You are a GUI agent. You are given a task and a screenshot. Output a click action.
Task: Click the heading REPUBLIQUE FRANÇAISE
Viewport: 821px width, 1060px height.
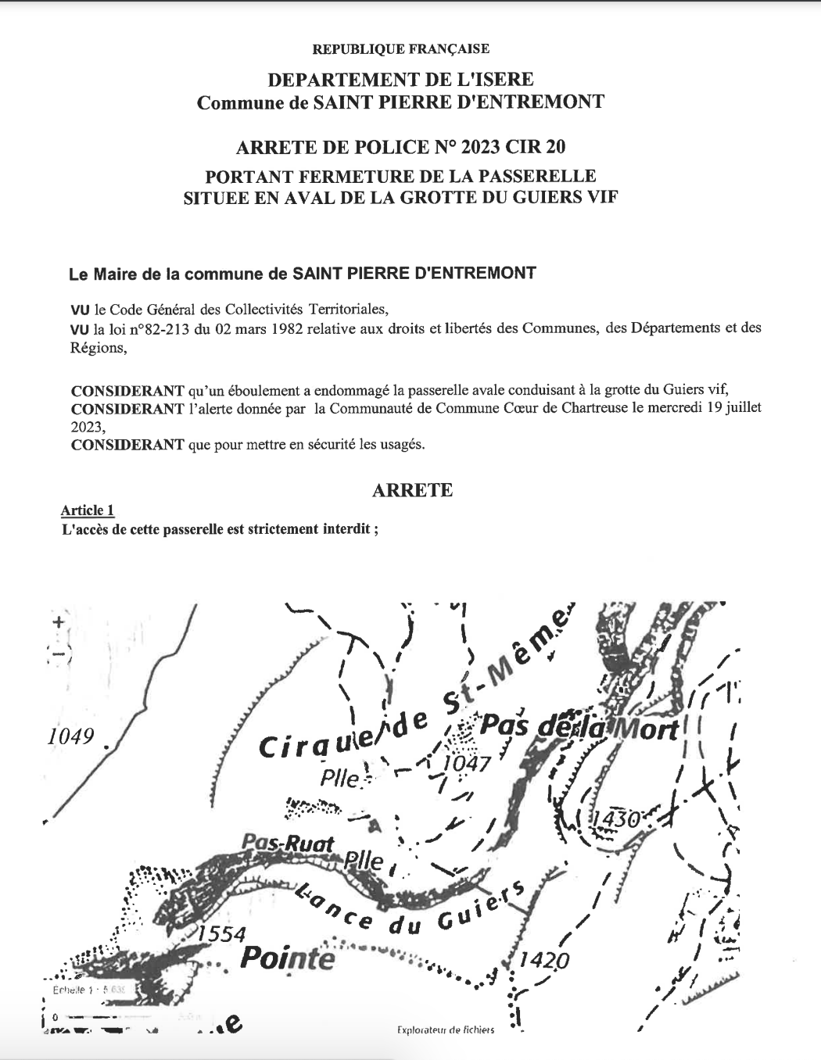[x=400, y=49]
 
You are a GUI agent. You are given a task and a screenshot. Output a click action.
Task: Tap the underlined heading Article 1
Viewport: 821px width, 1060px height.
[x=88, y=510]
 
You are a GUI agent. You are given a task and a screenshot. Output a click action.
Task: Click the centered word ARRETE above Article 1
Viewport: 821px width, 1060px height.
[x=412, y=490]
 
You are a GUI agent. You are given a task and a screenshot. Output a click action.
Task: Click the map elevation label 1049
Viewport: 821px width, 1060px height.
[x=71, y=736]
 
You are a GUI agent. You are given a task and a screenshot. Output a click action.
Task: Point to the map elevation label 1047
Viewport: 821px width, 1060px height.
[x=466, y=763]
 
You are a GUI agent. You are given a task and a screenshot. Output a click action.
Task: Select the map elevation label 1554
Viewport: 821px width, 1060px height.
[x=221, y=933]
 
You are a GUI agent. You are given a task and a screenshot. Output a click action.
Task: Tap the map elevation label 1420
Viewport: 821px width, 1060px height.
[x=544, y=959]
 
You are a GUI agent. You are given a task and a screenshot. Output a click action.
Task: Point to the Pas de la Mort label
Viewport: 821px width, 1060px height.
[x=579, y=727]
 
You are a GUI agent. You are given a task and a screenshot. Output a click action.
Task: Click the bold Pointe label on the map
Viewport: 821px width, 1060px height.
[x=287, y=958]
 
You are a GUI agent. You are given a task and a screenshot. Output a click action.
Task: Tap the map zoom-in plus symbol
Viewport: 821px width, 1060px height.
[x=57, y=622]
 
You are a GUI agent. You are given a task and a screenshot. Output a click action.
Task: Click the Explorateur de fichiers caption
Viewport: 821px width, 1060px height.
[x=446, y=1030]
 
